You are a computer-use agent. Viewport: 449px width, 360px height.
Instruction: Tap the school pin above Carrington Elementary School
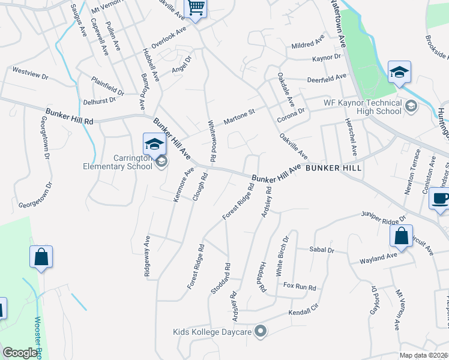point(154,143)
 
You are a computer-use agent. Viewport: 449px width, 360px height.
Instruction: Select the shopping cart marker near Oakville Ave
point(196,8)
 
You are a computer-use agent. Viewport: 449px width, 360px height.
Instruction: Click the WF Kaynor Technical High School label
point(363,107)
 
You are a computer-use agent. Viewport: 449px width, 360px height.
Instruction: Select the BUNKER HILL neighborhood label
point(333,169)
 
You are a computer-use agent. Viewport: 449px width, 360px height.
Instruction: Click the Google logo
point(20,353)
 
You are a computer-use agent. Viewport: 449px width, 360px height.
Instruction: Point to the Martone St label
point(240,116)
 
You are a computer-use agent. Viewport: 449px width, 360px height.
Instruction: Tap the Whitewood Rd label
point(211,138)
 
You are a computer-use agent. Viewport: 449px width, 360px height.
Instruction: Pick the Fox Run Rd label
point(300,287)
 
